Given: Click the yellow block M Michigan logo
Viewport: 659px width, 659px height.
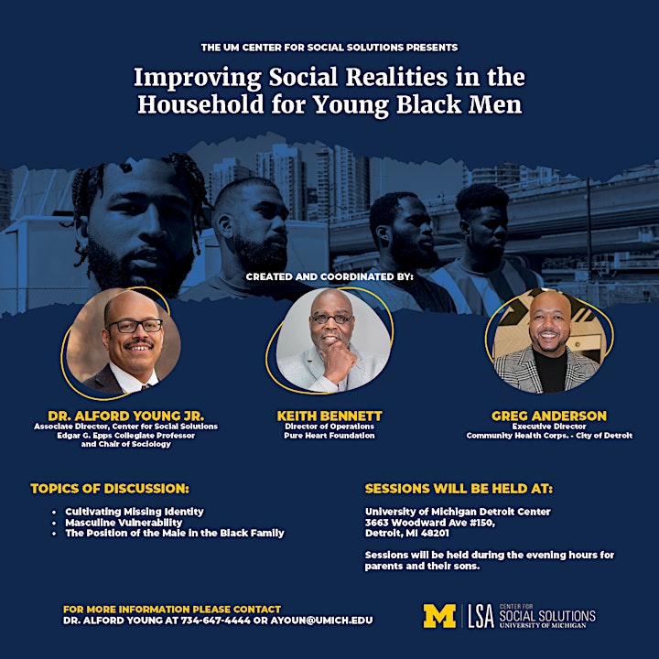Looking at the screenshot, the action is (x=439, y=616).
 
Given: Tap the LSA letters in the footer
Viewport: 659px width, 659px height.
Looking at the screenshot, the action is (x=481, y=616).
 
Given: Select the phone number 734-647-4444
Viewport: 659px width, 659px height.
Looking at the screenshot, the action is (x=216, y=621).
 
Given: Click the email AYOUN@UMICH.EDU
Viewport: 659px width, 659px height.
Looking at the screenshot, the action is (x=321, y=621).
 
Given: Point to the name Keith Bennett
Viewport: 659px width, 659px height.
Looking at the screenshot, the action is (x=329, y=416).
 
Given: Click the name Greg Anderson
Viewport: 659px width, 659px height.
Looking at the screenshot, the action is (x=549, y=416).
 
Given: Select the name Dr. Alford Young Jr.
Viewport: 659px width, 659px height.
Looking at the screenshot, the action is (x=126, y=416).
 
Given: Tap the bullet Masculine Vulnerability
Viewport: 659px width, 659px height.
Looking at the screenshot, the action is (x=124, y=523).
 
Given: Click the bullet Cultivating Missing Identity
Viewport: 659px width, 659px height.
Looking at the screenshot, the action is (x=135, y=512).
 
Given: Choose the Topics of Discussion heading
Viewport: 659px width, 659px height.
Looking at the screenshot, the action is (x=110, y=489).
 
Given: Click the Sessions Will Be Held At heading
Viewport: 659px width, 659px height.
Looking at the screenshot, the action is (x=459, y=489).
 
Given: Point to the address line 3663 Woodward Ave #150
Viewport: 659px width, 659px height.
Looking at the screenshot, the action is (x=430, y=523).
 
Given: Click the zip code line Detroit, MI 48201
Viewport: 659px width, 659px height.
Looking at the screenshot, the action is (x=406, y=533).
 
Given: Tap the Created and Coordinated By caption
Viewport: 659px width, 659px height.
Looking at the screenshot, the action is (x=329, y=276).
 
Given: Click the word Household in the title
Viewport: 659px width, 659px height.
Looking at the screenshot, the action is (x=200, y=104).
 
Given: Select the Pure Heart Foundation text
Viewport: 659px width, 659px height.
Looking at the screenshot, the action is (x=329, y=436).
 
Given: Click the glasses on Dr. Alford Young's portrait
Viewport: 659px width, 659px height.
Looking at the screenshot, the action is (x=135, y=326).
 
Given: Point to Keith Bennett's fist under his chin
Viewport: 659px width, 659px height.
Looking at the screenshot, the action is (x=340, y=362).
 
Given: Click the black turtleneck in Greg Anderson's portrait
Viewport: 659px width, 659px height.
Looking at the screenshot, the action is (x=549, y=370).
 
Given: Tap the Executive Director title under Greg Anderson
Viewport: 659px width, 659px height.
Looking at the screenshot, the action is (x=549, y=427).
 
